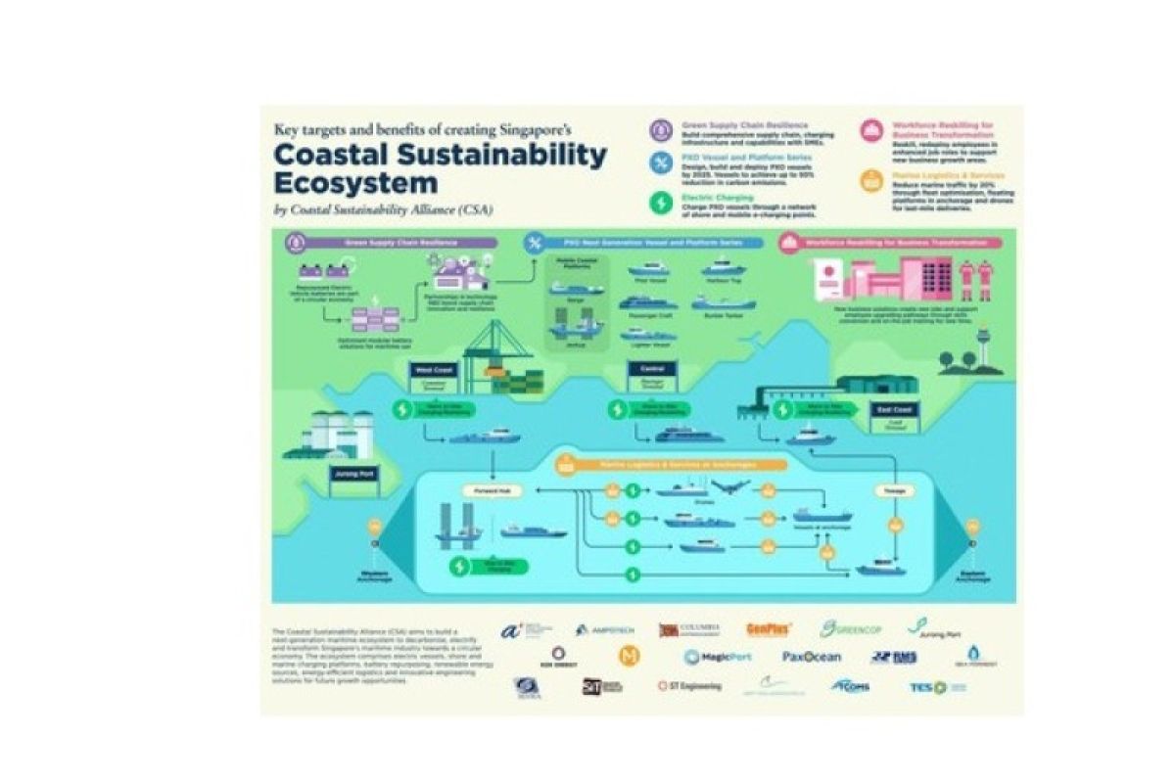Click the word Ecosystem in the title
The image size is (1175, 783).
[355, 184]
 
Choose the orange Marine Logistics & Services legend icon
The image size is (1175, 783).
[869, 180]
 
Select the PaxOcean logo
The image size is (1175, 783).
[811, 657]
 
